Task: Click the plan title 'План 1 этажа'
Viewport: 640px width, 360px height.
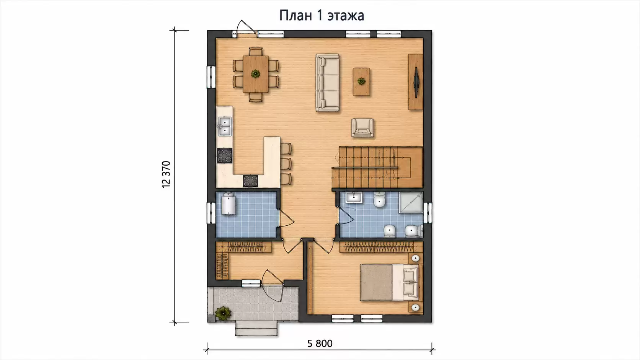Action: [x=322, y=15]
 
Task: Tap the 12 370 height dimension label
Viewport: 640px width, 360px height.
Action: [x=166, y=174]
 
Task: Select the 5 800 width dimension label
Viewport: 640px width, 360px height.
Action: [x=320, y=344]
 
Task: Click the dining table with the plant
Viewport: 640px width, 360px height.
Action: [x=256, y=74]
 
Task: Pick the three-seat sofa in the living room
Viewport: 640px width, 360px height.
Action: [x=327, y=83]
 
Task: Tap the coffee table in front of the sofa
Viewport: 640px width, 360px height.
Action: [x=361, y=81]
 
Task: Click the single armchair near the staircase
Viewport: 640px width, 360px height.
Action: [x=362, y=128]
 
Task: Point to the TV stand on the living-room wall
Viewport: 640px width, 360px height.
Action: [x=415, y=82]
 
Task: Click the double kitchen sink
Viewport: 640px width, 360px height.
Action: [x=225, y=126]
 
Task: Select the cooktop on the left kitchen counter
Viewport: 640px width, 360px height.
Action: [x=225, y=156]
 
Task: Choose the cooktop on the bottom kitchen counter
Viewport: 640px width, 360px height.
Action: [x=250, y=181]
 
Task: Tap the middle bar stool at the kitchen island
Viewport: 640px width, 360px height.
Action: [x=286, y=164]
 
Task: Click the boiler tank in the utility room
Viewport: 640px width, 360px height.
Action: [x=228, y=204]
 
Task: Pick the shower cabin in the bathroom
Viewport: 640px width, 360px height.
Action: [x=411, y=202]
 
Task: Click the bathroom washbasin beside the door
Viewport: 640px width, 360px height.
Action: [x=354, y=197]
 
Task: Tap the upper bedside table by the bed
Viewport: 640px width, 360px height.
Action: [x=415, y=258]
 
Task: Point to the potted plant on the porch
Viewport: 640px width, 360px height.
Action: [x=223, y=313]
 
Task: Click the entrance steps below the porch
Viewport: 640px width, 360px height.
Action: [x=256, y=328]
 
